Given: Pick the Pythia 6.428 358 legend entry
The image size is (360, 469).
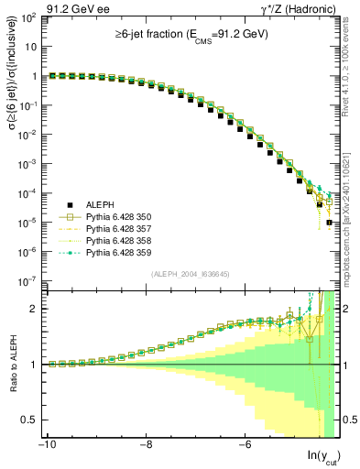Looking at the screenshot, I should pos(120,240).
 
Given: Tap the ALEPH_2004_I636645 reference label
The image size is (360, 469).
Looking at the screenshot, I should pos(191,275).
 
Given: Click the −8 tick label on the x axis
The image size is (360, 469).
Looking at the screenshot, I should pos(145,444).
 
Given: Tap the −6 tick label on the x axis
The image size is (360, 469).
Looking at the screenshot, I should pos(245,444).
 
